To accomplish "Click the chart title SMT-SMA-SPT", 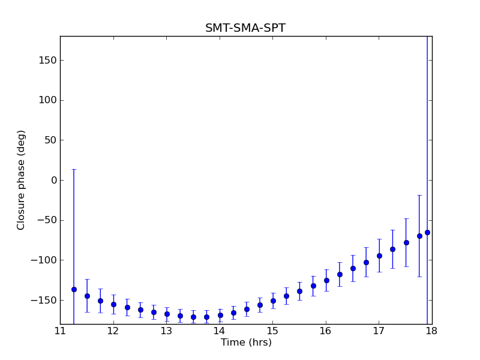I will pos(245,28).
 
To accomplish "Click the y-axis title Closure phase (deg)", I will pos(22,180).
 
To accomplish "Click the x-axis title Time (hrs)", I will pos(246,343).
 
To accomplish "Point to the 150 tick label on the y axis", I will pos(48,61).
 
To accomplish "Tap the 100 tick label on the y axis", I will pos(48,100).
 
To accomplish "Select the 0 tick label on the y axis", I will pos(53,180).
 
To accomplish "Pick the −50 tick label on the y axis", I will pos(46,220).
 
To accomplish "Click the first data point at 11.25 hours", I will pos(74,289).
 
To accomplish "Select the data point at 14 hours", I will pos(220,315).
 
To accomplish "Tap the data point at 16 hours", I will pos(326,280).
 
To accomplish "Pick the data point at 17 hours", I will pos(379,256).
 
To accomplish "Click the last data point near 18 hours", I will pos(427,232).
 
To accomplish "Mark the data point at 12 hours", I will pos(113,304).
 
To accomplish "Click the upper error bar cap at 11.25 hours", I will pos(74,169).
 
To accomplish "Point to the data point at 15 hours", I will pos(273,301).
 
